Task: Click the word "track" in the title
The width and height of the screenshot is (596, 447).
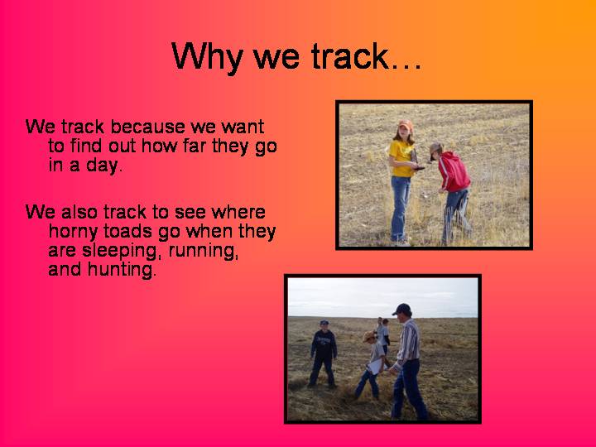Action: click(x=349, y=56)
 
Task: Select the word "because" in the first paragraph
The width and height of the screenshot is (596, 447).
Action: click(x=148, y=127)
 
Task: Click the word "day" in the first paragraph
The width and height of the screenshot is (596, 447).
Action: click(x=102, y=166)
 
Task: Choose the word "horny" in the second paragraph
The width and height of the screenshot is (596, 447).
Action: click(x=73, y=232)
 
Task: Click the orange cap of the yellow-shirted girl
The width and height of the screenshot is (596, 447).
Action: click(x=406, y=124)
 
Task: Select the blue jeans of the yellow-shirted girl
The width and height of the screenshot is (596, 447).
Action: click(x=401, y=208)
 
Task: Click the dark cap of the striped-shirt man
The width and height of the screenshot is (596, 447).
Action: click(x=401, y=309)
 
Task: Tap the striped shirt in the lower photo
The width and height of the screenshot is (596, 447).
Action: click(x=408, y=341)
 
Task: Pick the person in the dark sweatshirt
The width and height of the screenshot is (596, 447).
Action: click(x=323, y=353)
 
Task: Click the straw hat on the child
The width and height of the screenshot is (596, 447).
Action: click(x=369, y=336)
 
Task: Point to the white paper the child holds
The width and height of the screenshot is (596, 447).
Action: click(x=375, y=366)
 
